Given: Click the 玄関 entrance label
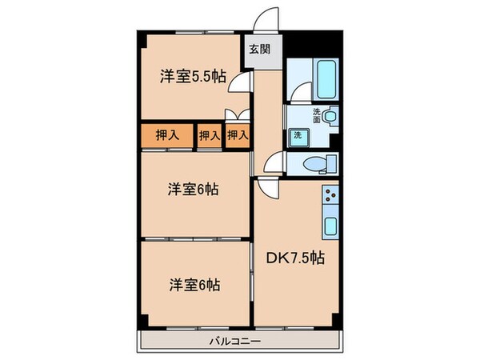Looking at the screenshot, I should tap(258, 49).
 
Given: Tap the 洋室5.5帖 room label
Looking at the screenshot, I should tap(192, 77).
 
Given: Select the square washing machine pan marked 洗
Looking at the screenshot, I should tap(296, 134).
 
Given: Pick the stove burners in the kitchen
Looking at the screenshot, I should tap(331, 196).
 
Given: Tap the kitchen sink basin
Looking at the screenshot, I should tap(330, 226).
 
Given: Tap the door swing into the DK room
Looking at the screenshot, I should tap(267, 189).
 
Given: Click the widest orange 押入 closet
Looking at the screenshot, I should tap(168, 136).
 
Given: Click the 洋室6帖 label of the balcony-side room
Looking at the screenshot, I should tap(194, 284).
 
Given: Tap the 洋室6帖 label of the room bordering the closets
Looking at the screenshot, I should tap(194, 190).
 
